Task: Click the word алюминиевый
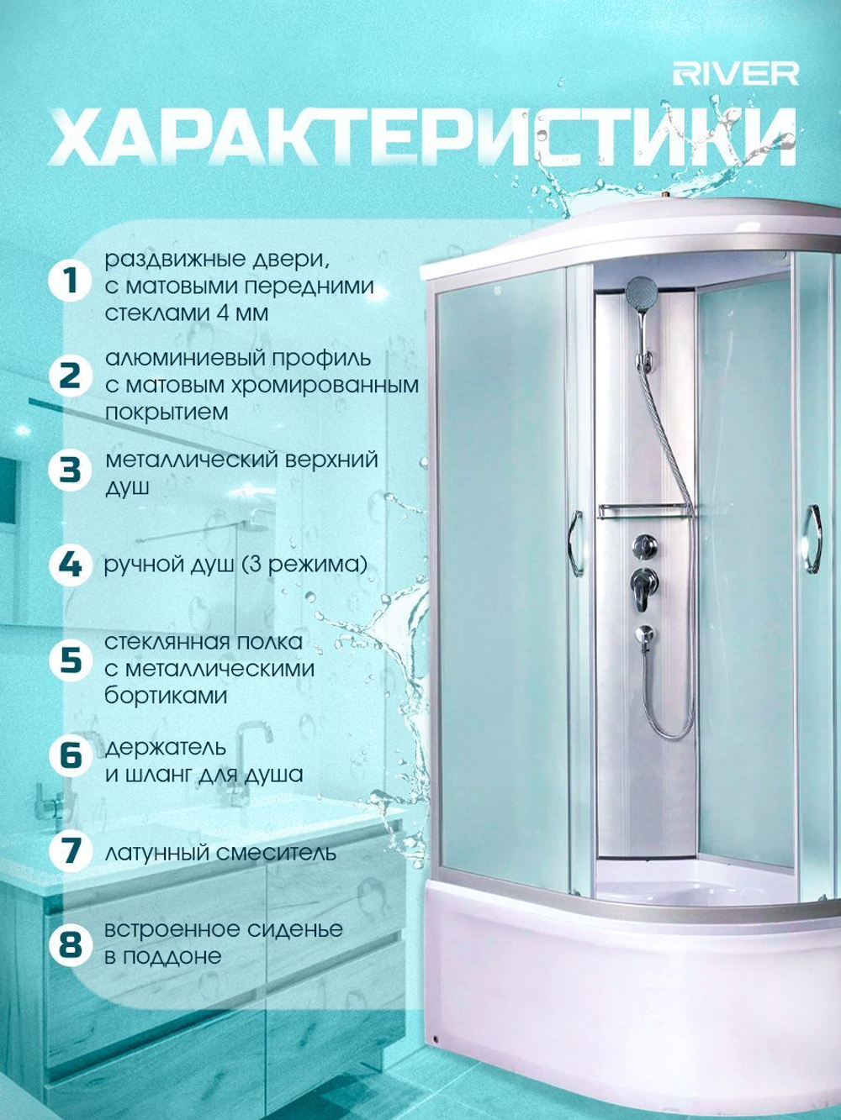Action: [x=178, y=358]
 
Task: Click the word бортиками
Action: [x=166, y=696]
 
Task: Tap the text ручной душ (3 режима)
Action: [x=236, y=565]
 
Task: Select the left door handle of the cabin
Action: [x=576, y=543]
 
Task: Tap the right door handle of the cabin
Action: [x=814, y=536]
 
